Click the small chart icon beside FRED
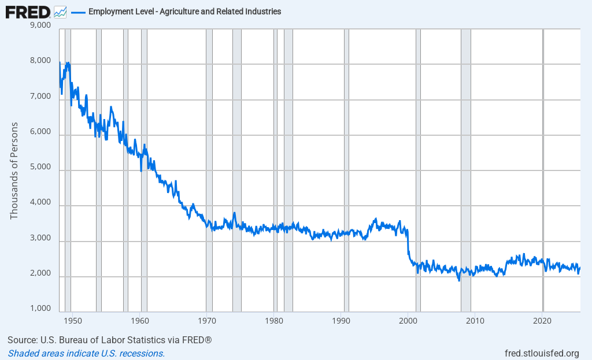click(60, 12)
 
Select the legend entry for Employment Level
click(184, 12)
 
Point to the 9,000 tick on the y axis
click(39, 25)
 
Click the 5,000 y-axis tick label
click(39, 168)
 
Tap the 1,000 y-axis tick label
click(39, 309)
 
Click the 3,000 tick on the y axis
click(39, 238)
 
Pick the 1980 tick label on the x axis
click(274, 320)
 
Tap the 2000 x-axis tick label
click(408, 320)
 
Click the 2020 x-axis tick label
click(542, 320)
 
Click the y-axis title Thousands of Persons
click(14, 170)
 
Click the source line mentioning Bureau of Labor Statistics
click(110, 340)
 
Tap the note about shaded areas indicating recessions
click(86, 353)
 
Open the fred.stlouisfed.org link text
click(542, 353)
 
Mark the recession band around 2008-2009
click(465, 173)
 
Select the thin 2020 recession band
click(543, 173)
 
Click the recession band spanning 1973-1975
click(236, 173)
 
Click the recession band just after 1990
click(346, 173)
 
